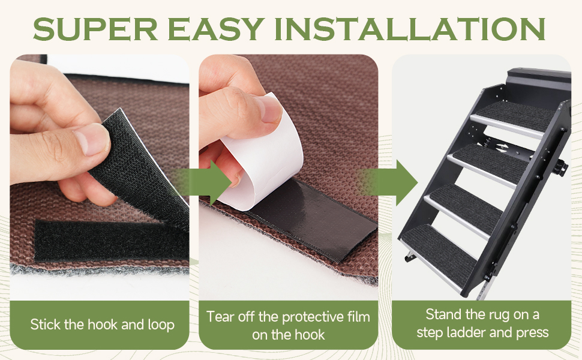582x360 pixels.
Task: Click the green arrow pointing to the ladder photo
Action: point(393,181)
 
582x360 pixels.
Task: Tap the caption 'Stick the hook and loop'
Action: point(103,325)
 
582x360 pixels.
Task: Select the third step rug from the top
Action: point(468,202)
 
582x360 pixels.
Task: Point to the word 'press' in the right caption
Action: point(531,332)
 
